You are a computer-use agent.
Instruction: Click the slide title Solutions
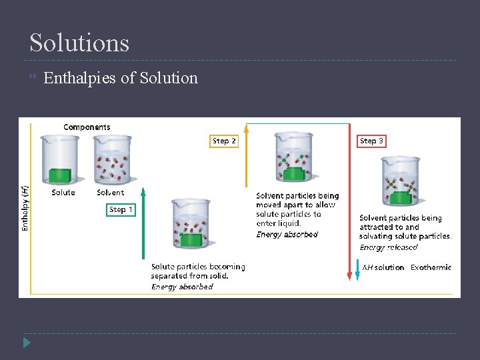pyautogui.click(x=79, y=43)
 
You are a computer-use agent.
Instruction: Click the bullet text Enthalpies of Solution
pyautogui.click(x=121, y=78)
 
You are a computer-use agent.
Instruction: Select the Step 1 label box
pyautogui.click(x=121, y=209)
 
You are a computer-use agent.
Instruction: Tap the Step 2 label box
pyautogui.click(x=224, y=141)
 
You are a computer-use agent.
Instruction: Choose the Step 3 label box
pyautogui.click(x=371, y=141)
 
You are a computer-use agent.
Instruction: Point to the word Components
pyautogui.click(x=87, y=127)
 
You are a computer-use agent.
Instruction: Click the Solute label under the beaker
pyautogui.click(x=63, y=193)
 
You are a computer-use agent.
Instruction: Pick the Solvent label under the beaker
pyautogui.click(x=110, y=193)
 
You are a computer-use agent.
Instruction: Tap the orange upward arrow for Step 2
pyautogui.click(x=246, y=157)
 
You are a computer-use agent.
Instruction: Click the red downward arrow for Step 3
pyautogui.click(x=349, y=200)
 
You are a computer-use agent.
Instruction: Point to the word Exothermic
pyautogui.click(x=431, y=267)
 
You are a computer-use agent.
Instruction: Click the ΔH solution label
pyautogui.click(x=383, y=267)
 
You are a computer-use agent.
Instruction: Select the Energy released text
pyautogui.click(x=389, y=247)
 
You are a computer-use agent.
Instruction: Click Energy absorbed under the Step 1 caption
pyautogui.click(x=182, y=287)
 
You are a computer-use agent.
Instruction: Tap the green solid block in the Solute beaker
pyautogui.click(x=59, y=175)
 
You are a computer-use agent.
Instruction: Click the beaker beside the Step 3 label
pyautogui.click(x=400, y=181)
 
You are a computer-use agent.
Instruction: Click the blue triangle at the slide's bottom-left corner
pyautogui.click(x=27, y=343)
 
